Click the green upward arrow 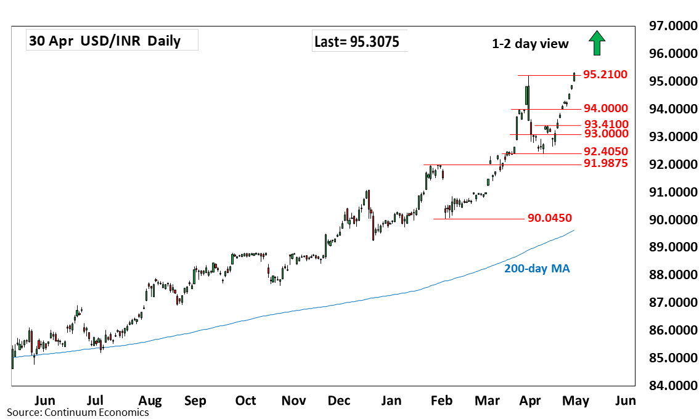click(x=597, y=44)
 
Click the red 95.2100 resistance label click(x=605, y=75)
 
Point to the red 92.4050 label click(x=606, y=152)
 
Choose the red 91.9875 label click(x=606, y=164)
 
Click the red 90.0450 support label click(x=550, y=218)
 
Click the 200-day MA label click(x=537, y=269)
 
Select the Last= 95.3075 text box click(x=356, y=42)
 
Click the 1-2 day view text click(x=530, y=44)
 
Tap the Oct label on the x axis click(x=245, y=401)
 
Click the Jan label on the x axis click(x=391, y=401)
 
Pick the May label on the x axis click(x=575, y=401)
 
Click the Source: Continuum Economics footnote click(x=78, y=412)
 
